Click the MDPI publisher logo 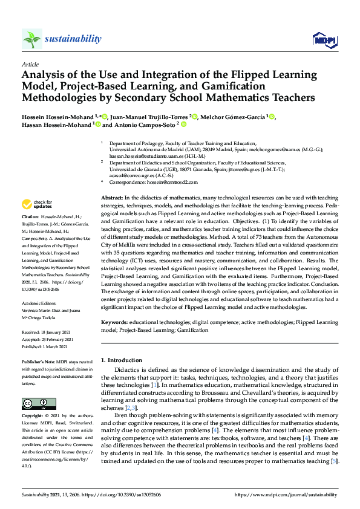pos(324,40)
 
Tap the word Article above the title pos(30,64)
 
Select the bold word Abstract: pos(111,198)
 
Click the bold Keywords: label pos(114,322)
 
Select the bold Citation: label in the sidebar pos(30,216)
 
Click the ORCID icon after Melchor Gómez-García pos(272,116)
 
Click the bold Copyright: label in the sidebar pos(33,417)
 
